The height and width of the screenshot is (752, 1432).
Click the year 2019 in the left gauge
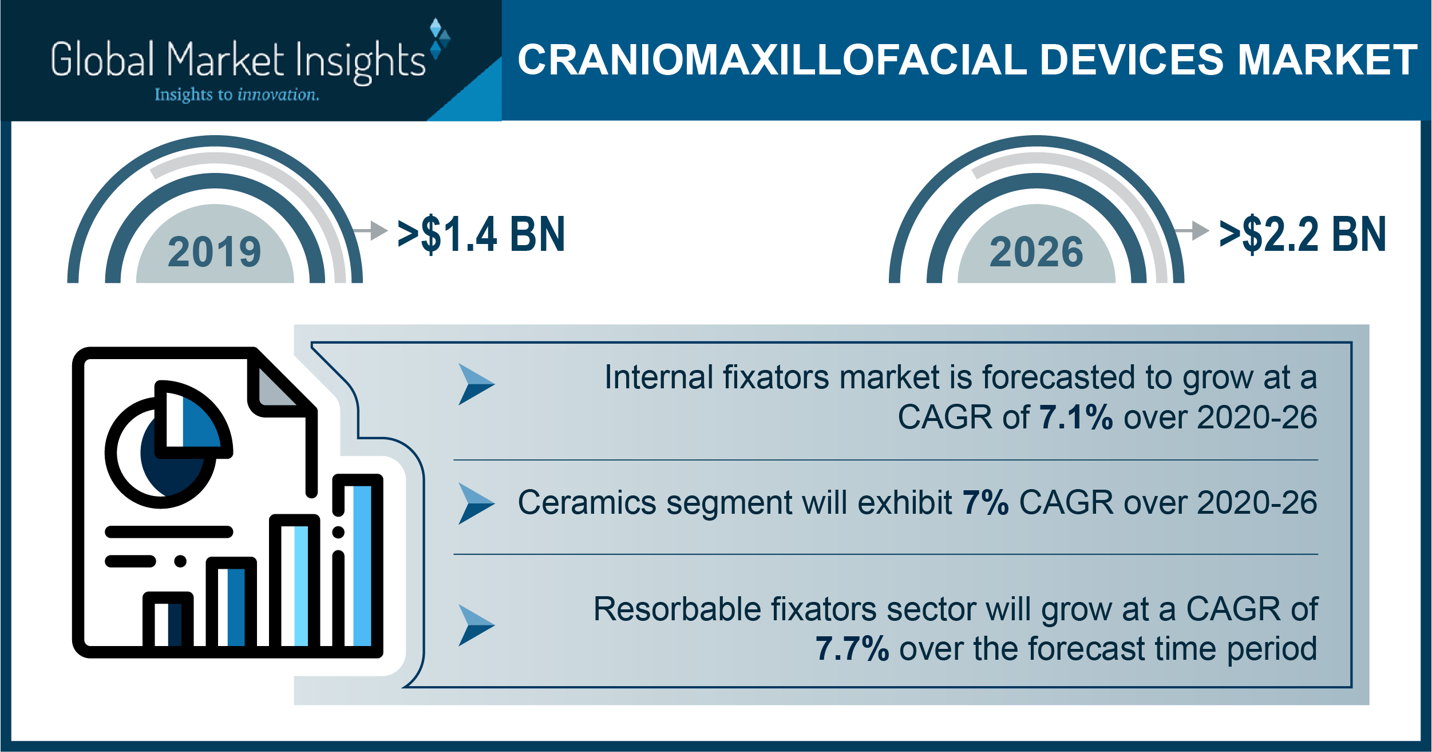pyautogui.click(x=215, y=252)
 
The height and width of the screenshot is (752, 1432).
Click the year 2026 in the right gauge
pyautogui.click(x=1036, y=252)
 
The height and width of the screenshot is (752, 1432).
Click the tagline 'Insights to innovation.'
pyautogui.click(x=237, y=95)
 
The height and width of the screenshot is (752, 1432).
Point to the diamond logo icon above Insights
pyautogui.click(x=440, y=39)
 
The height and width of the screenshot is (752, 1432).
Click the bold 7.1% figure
pyautogui.click(x=1075, y=417)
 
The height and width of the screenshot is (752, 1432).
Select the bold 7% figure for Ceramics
pyautogui.click(x=985, y=502)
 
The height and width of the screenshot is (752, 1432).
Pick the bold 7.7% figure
pyautogui.click(x=852, y=648)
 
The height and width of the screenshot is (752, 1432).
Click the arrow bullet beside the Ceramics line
pyautogui.click(x=476, y=503)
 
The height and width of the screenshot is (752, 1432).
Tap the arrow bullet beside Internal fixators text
pyautogui.click(x=476, y=384)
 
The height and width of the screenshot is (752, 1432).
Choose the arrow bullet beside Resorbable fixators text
pyautogui.click(x=476, y=625)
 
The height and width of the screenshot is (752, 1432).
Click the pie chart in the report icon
pyautogui.click(x=168, y=444)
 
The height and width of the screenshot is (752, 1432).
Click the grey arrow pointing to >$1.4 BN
pyautogui.click(x=370, y=230)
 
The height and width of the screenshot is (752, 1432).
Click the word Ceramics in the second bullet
pyautogui.click(x=587, y=502)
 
